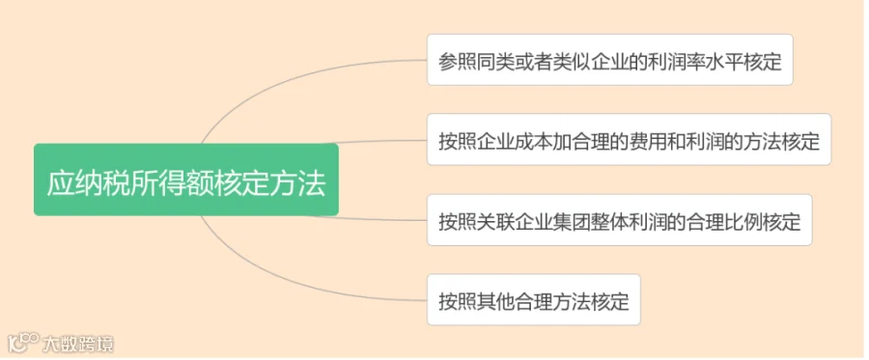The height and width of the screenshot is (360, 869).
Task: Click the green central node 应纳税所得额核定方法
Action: tap(186, 180)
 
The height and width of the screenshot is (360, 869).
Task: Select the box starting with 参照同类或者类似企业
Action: tap(609, 60)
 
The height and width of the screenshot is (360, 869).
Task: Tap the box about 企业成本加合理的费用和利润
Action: tap(629, 140)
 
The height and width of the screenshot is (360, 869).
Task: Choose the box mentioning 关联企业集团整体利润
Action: tap(619, 220)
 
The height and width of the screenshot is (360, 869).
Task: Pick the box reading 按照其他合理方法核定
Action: tap(534, 299)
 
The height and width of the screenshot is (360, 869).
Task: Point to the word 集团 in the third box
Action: tap(572, 222)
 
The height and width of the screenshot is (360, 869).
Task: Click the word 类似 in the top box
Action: tap(572, 62)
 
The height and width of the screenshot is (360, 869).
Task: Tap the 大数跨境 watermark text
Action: tap(78, 344)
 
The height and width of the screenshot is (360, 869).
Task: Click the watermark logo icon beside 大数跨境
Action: tap(23, 343)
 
